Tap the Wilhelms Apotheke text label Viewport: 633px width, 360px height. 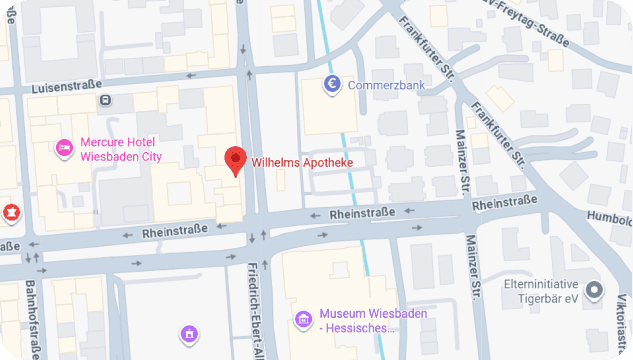[x=302, y=162]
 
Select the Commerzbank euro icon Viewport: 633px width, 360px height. [x=334, y=85]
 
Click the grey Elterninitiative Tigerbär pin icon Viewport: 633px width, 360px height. [x=596, y=291]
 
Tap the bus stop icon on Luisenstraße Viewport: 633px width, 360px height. [x=105, y=100]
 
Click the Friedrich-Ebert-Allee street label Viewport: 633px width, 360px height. [x=256, y=310]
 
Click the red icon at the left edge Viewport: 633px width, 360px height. [x=11, y=212]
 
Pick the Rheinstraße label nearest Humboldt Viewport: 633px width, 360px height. [x=504, y=202]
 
